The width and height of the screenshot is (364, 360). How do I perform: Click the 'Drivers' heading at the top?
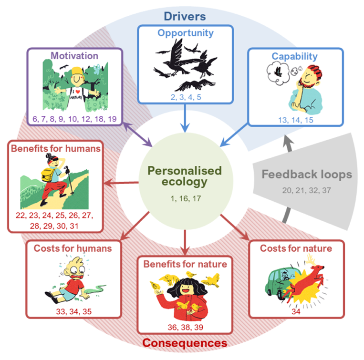pos(185,16)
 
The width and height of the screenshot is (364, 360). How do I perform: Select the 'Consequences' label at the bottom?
pos(185,343)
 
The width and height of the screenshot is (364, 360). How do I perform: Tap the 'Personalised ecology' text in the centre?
pos(185,176)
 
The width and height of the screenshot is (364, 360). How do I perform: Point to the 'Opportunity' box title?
pos(186,33)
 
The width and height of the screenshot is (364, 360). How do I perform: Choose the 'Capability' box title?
pos(294,56)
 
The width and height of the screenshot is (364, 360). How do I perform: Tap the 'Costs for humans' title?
pos(73,248)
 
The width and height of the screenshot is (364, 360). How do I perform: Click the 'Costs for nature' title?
pos(296,248)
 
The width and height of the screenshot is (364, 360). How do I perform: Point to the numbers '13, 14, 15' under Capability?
pos(296,120)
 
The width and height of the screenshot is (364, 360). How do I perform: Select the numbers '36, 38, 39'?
pos(186,327)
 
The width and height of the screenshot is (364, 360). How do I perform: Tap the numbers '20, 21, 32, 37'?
pos(306,190)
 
